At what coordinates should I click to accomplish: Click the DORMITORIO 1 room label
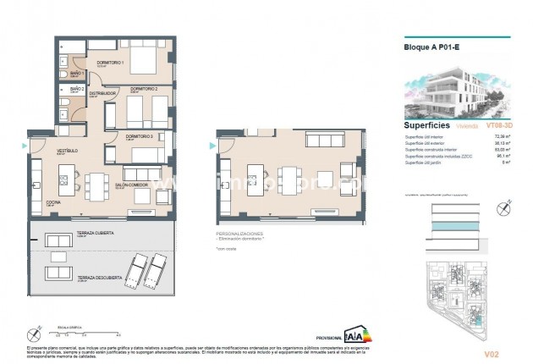(x=111, y=63)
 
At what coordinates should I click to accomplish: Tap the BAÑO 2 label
(x=77, y=88)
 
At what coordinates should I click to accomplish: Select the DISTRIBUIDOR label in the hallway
(x=104, y=94)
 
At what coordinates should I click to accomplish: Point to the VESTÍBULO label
(x=43, y=151)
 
